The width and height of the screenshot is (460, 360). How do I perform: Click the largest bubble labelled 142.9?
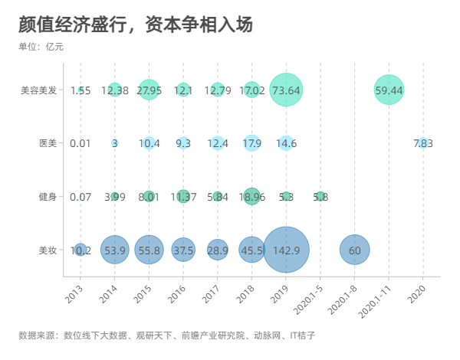(x=286, y=250)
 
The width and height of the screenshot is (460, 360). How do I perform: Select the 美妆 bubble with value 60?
(x=354, y=250)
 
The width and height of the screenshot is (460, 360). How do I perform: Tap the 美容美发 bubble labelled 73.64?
(x=286, y=90)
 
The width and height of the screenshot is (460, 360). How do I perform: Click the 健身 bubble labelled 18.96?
(x=251, y=196)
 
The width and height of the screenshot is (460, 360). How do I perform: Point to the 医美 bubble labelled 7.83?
(x=423, y=143)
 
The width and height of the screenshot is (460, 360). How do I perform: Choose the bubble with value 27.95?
(x=149, y=90)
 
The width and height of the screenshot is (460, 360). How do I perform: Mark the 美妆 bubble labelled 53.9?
(x=114, y=250)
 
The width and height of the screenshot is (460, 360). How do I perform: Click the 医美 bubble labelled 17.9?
(x=251, y=143)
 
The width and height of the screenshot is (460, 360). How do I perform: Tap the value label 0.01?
(x=80, y=143)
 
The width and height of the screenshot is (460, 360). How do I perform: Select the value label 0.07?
(x=80, y=197)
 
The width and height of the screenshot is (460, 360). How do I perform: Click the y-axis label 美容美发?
(x=39, y=90)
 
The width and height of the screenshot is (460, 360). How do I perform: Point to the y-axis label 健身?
(x=48, y=197)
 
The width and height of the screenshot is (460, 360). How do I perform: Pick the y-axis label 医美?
(x=48, y=143)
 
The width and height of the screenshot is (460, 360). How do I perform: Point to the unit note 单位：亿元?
(x=41, y=47)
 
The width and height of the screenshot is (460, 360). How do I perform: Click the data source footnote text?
(x=166, y=335)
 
